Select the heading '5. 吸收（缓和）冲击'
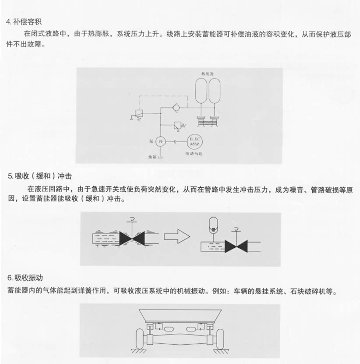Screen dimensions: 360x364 (40, 176)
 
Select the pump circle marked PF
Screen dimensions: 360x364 (160, 142)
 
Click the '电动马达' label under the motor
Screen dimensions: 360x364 (194, 154)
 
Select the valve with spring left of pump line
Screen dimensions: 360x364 (138, 114)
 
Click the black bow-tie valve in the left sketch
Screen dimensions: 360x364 (132, 239)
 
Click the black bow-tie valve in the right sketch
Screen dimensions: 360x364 (236, 246)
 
